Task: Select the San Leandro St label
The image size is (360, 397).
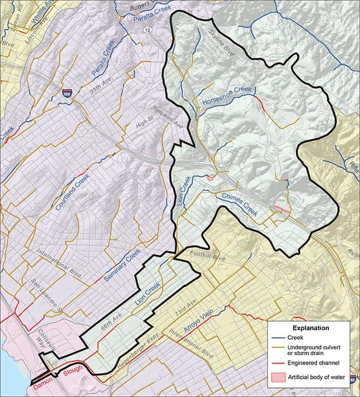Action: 46,295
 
